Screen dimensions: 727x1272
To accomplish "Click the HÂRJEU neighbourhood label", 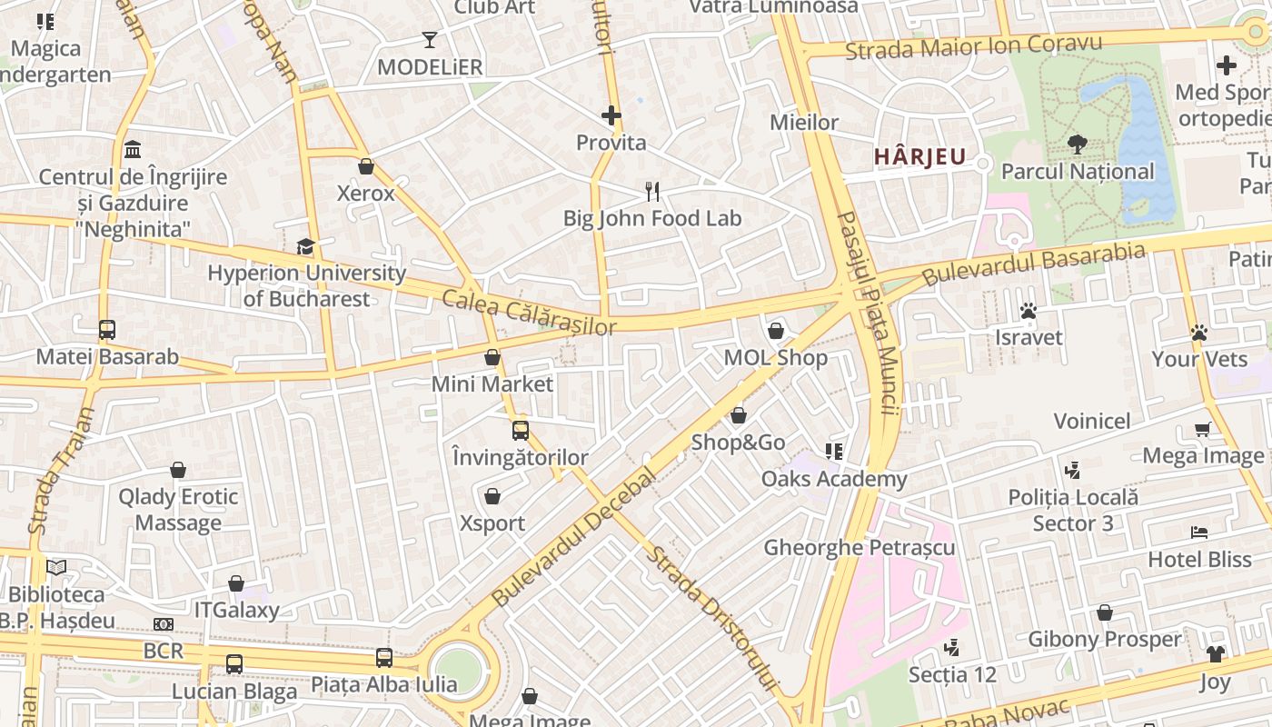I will [x=919, y=156].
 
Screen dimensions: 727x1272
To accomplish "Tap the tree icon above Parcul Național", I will [x=1078, y=144].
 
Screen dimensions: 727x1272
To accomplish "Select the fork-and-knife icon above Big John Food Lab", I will [x=651, y=191].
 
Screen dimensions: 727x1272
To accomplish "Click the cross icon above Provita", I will [x=611, y=115].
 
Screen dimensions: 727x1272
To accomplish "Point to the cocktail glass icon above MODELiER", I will [x=430, y=40].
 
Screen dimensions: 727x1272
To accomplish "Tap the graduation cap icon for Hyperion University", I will [x=305, y=246].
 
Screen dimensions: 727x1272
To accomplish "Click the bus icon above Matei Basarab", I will [x=107, y=330].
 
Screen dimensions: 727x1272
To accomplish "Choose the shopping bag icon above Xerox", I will [x=366, y=166].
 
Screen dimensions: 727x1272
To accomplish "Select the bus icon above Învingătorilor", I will [x=520, y=431].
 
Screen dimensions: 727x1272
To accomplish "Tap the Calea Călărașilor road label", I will [x=529, y=313].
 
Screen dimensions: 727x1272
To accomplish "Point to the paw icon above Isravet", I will [x=1029, y=312].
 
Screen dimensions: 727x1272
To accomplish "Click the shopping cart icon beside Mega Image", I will [x=1203, y=429].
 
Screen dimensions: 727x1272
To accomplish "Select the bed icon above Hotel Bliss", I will [x=1199, y=533].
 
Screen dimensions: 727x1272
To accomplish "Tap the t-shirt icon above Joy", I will [x=1216, y=654].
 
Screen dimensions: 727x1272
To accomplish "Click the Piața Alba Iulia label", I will [x=383, y=684].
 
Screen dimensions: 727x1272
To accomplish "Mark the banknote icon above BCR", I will [x=164, y=624].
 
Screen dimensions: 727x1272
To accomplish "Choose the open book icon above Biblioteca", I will [x=56, y=567].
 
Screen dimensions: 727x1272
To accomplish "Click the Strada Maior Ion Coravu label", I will [x=973, y=45].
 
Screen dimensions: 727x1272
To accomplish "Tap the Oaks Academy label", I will [x=833, y=479].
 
